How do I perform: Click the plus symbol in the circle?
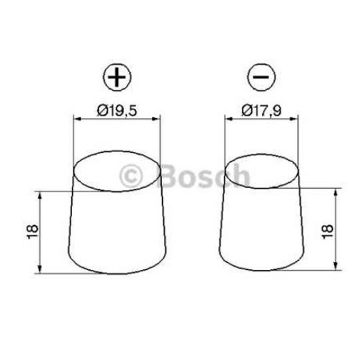117,77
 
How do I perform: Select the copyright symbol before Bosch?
131,176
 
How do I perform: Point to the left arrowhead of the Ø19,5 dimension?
75,119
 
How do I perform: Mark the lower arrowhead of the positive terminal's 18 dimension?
41,269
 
